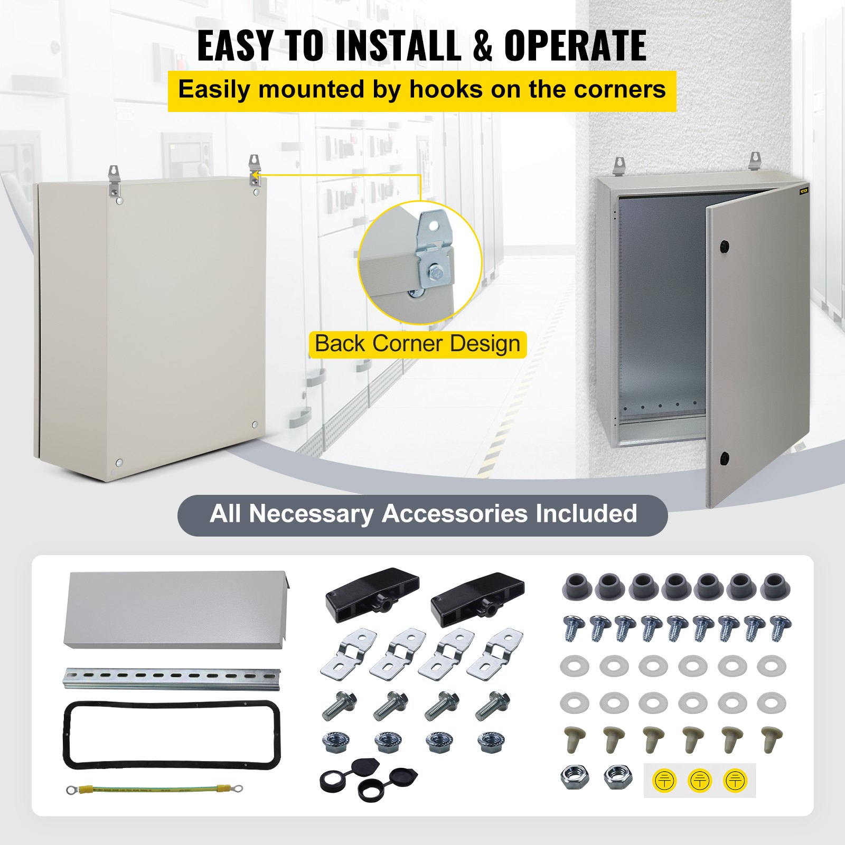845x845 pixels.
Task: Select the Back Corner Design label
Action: pos(417,344)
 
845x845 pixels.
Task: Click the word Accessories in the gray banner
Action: pos(454,514)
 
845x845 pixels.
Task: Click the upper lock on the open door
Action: pos(724,246)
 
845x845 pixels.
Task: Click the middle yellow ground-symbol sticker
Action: pos(699,780)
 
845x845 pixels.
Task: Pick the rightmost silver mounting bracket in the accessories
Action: pos(494,653)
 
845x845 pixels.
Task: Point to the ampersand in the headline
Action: pos(482,46)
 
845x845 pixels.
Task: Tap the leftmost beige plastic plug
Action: pos(574,739)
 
